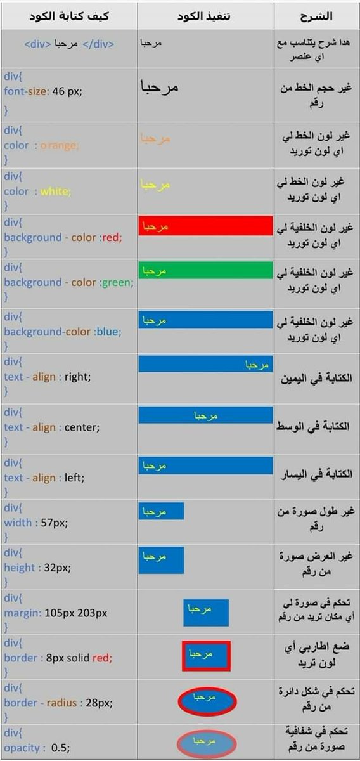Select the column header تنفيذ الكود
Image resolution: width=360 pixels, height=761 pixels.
[x=205, y=16]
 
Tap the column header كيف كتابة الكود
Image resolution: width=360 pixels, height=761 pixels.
[x=70, y=16]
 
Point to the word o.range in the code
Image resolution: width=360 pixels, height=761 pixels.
[x=60, y=145]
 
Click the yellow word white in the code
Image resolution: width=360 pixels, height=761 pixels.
[x=56, y=192]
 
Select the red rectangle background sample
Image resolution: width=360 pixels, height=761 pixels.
[x=205, y=226]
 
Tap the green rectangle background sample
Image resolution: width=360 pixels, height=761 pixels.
[x=205, y=271]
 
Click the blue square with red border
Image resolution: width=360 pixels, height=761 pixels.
[x=205, y=656]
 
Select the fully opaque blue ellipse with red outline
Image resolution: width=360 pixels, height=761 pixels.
[x=207, y=699]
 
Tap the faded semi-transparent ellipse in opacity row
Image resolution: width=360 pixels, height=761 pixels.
[x=206, y=743]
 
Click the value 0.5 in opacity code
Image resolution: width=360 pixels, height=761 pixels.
[x=59, y=748]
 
